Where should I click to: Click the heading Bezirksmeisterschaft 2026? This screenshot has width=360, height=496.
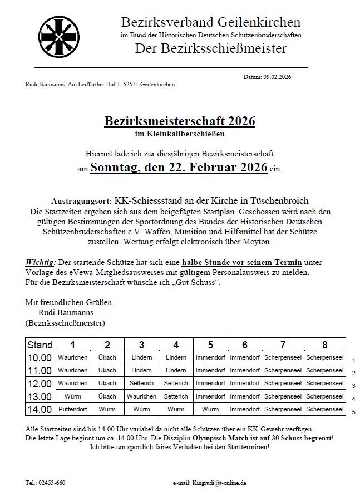(x=180, y=121)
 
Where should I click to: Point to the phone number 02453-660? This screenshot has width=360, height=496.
(x=53, y=482)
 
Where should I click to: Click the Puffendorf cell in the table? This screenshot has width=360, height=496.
(x=72, y=409)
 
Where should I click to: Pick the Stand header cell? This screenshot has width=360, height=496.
(x=40, y=345)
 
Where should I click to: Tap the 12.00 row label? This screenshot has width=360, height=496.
(x=40, y=384)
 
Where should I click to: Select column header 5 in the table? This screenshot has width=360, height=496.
(x=210, y=345)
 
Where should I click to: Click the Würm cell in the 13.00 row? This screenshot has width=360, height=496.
(x=72, y=396)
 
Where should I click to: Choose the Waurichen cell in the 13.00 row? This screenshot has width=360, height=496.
(x=141, y=396)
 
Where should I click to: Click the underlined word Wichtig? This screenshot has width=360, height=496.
(x=41, y=262)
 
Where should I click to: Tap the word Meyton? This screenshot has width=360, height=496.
(x=255, y=242)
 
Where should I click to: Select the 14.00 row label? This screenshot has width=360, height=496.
(x=40, y=409)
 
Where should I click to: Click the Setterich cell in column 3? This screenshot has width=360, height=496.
(x=141, y=384)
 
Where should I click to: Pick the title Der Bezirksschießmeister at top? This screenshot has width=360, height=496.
(x=210, y=48)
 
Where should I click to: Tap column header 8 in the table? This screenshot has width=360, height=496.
(x=325, y=345)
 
